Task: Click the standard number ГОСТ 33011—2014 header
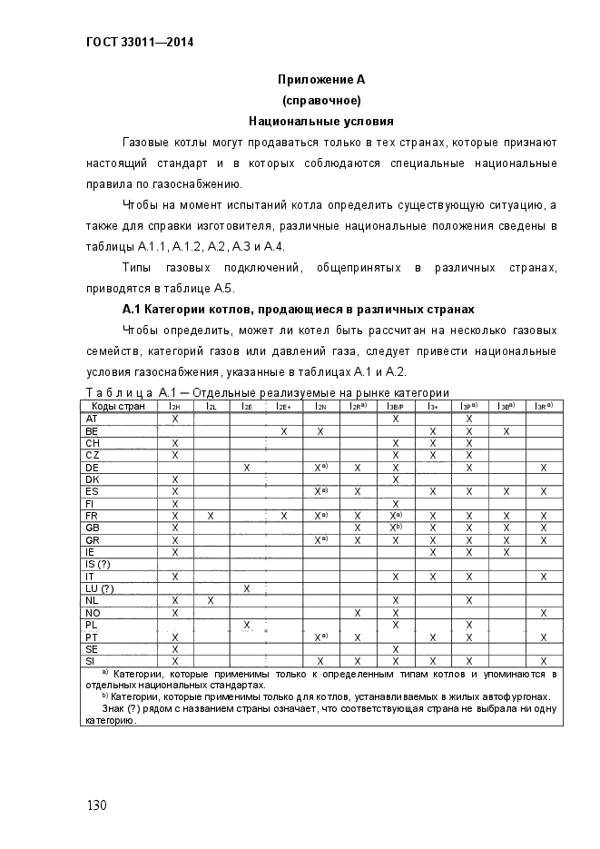[x=127, y=42]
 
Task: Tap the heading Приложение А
[x=320, y=79]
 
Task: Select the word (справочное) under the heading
[x=321, y=99]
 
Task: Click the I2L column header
[x=211, y=406]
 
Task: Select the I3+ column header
[x=433, y=406]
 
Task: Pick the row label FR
[x=92, y=516]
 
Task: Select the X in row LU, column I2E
[x=247, y=588]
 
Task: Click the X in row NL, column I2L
[x=211, y=600]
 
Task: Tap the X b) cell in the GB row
[x=396, y=528]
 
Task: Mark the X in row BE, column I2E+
[x=284, y=430]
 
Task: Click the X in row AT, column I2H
[x=174, y=418]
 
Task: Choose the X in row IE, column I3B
[x=506, y=552]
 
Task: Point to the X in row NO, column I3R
[x=543, y=613]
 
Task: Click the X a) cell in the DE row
[x=320, y=467]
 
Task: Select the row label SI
[x=91, y=661]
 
